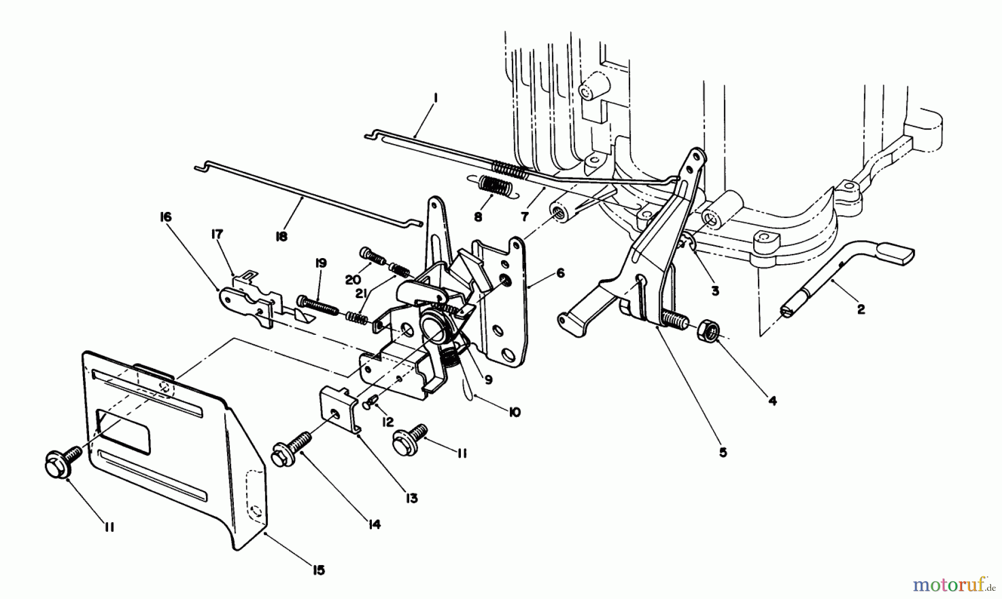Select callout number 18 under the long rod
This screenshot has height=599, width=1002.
[x=281, y=236]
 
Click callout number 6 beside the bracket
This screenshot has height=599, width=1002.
[x=560, y=273]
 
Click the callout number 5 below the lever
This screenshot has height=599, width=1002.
[x=723, y=452]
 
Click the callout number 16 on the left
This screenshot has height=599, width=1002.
[x=166, y=216]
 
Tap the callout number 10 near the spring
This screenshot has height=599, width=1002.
[x=514, y=412]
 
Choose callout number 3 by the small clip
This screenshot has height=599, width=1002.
[x=715, y=290]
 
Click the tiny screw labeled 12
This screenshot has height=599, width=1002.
[x=372, y=403]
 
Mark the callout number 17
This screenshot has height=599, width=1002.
[x=217, y=234]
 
